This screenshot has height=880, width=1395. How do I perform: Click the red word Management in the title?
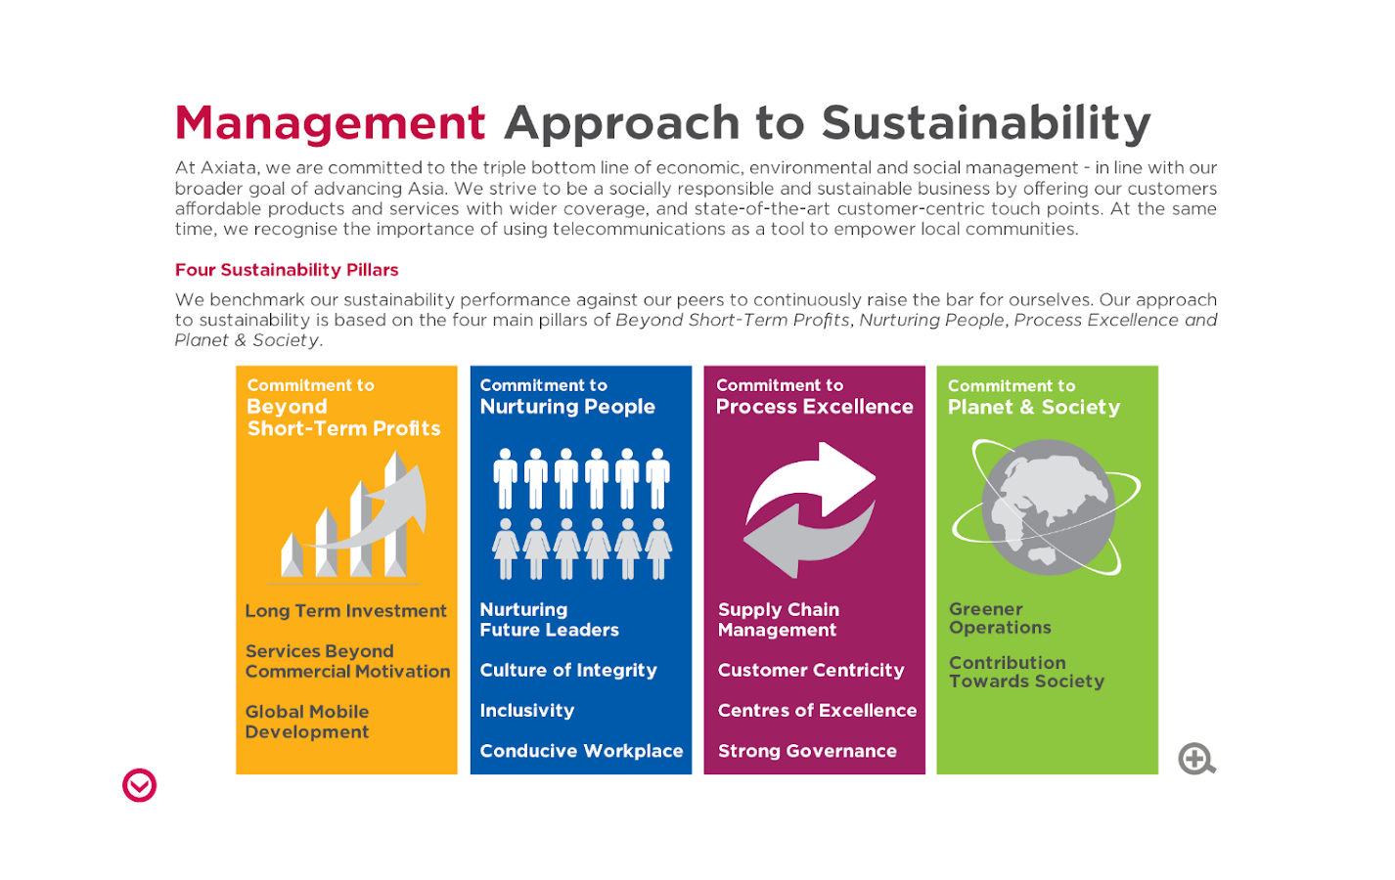click(330, 124)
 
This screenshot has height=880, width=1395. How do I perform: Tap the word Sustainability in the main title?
click(986, 124)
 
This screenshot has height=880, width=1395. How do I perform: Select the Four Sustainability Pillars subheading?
click(287, 270)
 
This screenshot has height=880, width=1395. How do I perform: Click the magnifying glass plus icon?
click(1196, 759)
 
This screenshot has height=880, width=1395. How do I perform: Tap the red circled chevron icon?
click(140, 785)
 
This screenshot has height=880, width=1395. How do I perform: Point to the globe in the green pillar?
click(1048, 506)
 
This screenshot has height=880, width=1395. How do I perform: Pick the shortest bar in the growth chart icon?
click(292, 554)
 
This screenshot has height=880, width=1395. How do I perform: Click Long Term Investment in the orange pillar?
click(345, 611)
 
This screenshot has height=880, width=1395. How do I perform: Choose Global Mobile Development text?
click(307, 722)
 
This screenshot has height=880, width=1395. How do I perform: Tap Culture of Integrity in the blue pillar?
click(568, 671)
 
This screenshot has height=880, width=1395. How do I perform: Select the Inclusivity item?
click(527, 711)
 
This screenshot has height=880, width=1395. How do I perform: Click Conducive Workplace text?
click(581, 751)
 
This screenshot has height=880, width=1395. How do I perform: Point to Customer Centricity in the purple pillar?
click(811, 671)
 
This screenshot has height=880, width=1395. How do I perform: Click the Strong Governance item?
click(807, 751)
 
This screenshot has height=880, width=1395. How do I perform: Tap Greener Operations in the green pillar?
click(1000, 618)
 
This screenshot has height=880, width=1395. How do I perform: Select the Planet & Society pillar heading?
click(1034, 407)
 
